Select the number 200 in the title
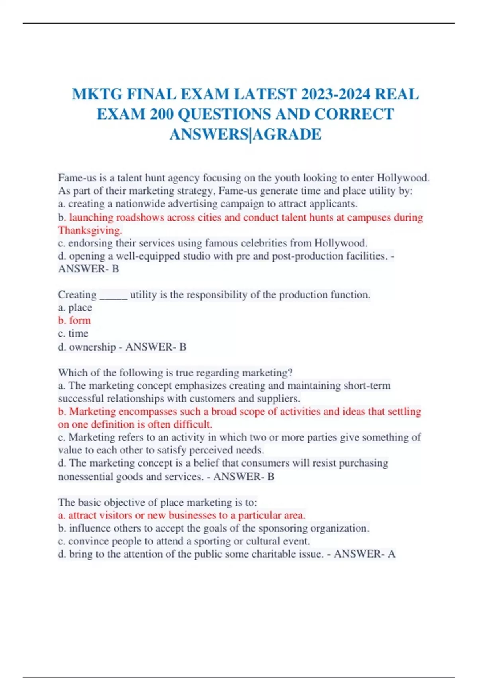162,114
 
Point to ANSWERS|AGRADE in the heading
245,134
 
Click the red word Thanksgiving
90,231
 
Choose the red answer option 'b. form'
74,321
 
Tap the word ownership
92,347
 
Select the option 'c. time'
73,333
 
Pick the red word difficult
192,424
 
